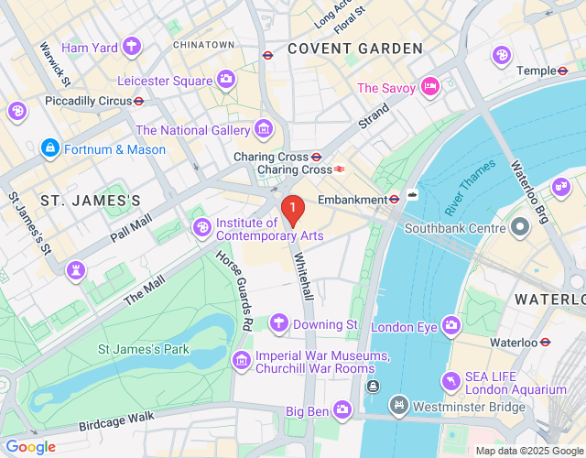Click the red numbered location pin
tap(292, 212)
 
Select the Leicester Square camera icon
tap(225, 80)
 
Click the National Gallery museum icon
tap(265, 130)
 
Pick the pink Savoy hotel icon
tap(430, 87)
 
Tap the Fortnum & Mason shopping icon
tap(49, 148)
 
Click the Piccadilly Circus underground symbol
tap(139, 101)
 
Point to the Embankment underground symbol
tap(394, 198)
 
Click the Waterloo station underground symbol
tap(546, 342)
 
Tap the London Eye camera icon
tap(450, 325)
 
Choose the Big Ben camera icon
tap(342, 409)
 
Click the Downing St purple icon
tap(279, 323)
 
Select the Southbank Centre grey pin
tap(520, 225)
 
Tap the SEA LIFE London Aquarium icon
tap(450, 380)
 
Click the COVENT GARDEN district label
tap(355, 49)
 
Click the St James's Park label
tap(144, 349)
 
